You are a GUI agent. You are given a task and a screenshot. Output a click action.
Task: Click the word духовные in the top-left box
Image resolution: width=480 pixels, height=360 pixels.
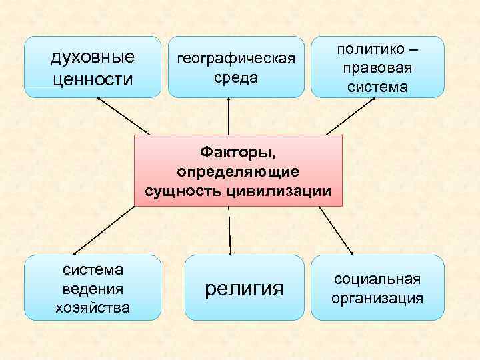point(93,56)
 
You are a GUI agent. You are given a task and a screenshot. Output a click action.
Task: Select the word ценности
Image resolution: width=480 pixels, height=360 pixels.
point(93,79)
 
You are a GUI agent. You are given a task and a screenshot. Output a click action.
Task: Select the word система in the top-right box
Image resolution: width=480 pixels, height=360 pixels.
point(377,87)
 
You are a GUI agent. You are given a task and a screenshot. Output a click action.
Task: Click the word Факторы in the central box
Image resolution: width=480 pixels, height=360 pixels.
point(238,154)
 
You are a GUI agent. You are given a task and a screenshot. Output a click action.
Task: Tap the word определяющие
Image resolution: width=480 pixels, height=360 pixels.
point(238,172)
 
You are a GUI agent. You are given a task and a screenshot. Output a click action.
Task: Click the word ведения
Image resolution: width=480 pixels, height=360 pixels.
point(93,289)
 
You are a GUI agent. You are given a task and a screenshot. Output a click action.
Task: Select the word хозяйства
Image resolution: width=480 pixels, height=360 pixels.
point(93,307)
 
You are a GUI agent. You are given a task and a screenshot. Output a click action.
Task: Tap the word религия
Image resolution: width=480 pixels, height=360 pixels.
point(244,289)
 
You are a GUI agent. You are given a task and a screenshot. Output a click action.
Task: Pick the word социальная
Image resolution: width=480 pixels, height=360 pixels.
point(377,279)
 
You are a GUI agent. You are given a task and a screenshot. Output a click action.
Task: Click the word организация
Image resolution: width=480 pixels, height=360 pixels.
point(377,298)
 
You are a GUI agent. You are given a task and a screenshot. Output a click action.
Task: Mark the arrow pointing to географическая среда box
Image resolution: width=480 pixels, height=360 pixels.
point(229,117)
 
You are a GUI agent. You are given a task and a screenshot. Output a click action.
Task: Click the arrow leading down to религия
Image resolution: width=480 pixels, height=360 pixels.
point(229,230)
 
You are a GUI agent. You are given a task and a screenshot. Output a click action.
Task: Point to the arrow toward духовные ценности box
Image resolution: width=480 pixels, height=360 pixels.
point(123,115)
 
